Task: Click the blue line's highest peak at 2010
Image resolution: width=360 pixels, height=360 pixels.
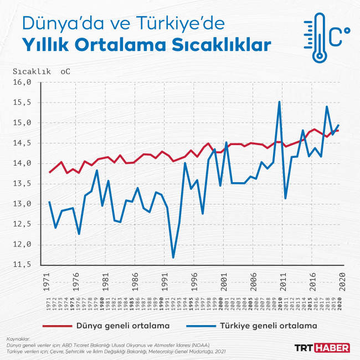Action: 279,102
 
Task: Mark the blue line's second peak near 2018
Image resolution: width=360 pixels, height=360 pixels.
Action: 327,106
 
